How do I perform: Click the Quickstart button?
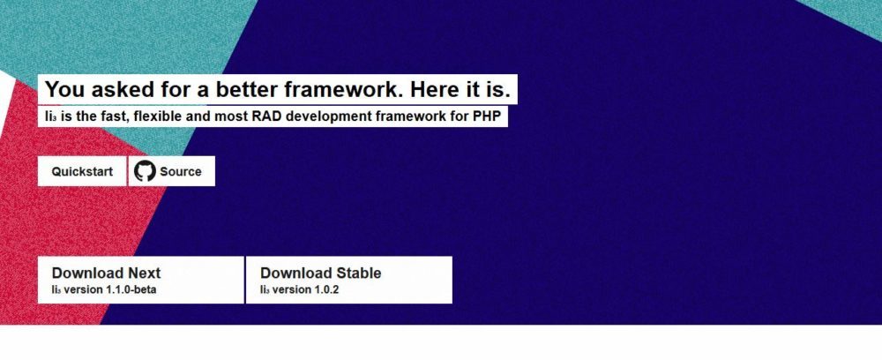(x=82, y=171)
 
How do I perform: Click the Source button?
(x=172, y=171)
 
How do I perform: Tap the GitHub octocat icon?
(x=145, y=171)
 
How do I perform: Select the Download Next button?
(x=140, y=280)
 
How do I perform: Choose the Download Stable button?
(x=348, y=280)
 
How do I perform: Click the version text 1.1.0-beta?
(x=131, y=290)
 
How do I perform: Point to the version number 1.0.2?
(x=325, y=290)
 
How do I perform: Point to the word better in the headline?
(x=248, y=89)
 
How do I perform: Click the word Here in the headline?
(x=431, y=89)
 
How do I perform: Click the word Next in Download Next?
(x=145, y=273)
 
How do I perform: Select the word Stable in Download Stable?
(x=359, y=273)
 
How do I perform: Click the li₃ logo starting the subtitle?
(x=50, y=117)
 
